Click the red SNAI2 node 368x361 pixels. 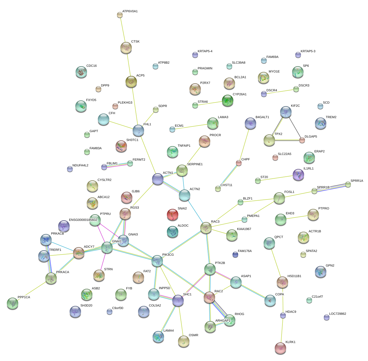click(x=172, y=215)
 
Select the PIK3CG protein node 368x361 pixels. click(x=157, y=261)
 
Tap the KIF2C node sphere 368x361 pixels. click(x=286, y=112)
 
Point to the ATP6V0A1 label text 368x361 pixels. click(x=130, y=11)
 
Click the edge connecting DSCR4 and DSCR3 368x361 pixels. click(x=280, y=92)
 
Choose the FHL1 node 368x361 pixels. click(x=138, y=131)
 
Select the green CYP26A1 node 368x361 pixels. click(x=228, y=100)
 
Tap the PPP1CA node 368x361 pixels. click(x=13, y=303)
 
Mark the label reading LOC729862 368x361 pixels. click(x=337, y=314)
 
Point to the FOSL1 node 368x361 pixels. click(x=279, y=198)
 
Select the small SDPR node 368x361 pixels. click(x=155, y=110)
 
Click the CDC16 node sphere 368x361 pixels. click(x=81, y=72)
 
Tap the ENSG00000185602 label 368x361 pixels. click(x=83, y=220)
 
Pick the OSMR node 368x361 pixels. click(x=184, y=341)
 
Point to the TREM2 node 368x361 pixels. click(x=321, y=123)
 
